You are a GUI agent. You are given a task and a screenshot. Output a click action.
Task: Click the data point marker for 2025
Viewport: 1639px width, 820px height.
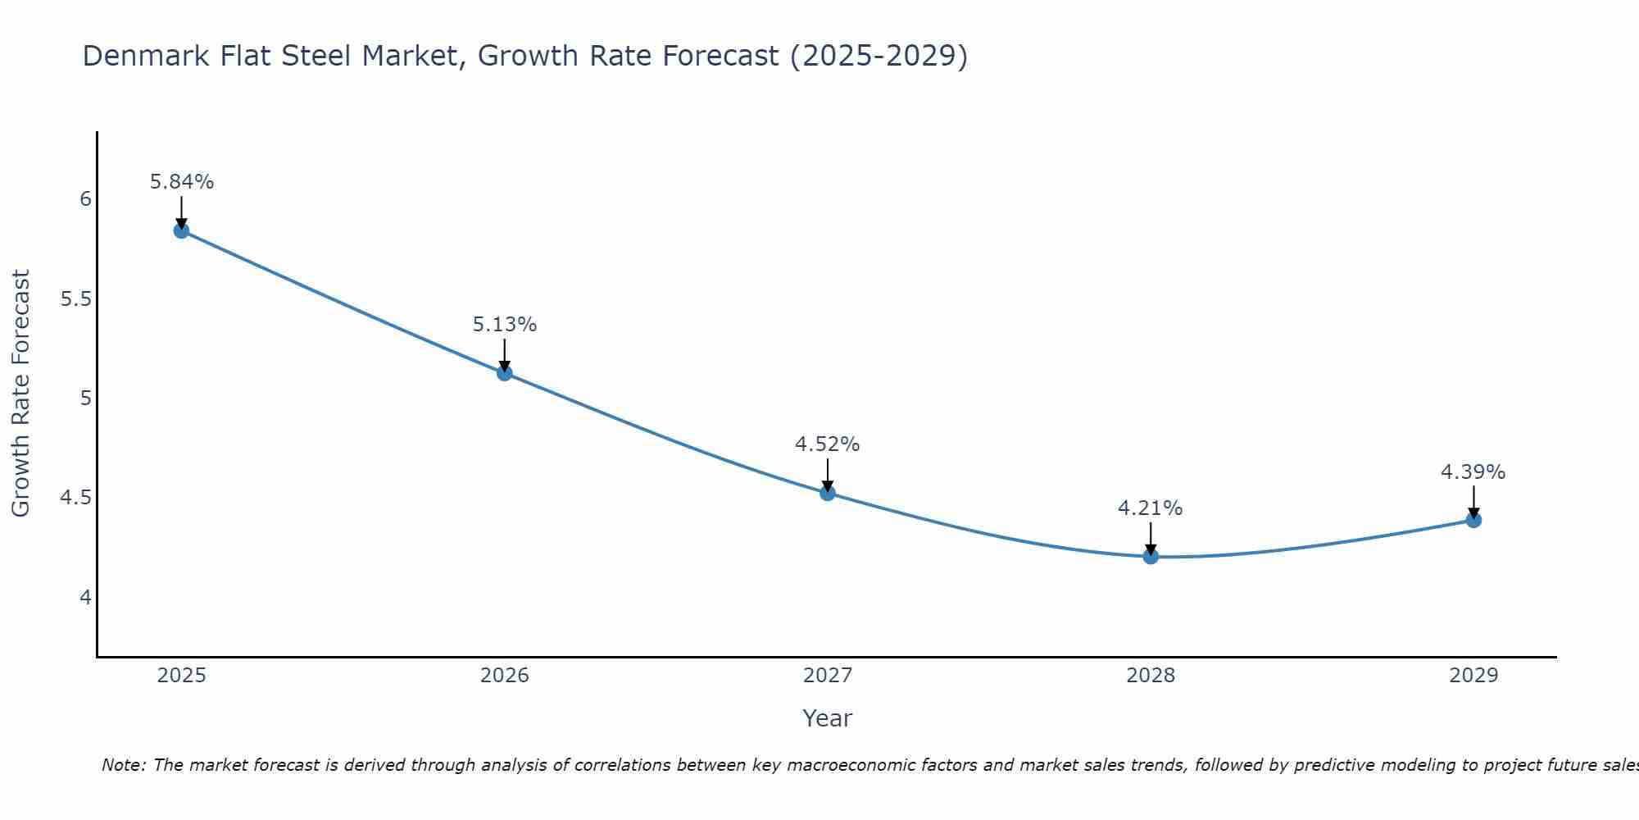click(181, 230)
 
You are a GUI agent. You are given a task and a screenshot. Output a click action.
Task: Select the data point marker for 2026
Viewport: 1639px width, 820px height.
click(505, 373)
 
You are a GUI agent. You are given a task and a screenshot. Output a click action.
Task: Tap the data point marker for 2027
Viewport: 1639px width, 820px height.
click(828, 493)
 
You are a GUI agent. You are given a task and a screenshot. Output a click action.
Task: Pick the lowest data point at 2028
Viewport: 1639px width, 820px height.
click(1151, 557)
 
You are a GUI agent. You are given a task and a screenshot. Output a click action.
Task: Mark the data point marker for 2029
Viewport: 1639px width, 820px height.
click(1473, 520)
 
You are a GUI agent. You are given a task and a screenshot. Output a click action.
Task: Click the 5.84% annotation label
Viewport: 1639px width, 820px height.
click(181, 182)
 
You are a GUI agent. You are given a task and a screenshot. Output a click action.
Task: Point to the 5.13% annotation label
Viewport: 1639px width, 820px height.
click(505, 325)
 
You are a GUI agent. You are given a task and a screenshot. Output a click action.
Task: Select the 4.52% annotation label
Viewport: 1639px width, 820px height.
click(828, 444)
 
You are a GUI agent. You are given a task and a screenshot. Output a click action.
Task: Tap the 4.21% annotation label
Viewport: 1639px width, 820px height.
click(1151, 508)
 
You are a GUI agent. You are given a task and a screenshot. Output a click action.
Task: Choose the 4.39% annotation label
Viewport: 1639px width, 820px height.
click(1473, 472)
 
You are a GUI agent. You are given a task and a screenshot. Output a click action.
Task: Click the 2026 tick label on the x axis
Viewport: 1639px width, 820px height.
click(505, 676)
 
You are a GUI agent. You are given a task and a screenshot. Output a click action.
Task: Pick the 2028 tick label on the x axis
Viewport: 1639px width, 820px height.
click(1151, 676)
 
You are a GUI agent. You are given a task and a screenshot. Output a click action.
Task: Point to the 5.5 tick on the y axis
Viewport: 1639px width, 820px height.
click(75, 299)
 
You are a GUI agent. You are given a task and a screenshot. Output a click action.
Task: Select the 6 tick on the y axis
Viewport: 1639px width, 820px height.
click(85, 199)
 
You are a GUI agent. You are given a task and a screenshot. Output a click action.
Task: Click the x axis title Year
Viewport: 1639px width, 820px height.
click(828, 718)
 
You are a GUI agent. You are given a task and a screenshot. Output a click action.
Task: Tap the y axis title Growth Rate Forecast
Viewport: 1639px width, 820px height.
click(20, 394)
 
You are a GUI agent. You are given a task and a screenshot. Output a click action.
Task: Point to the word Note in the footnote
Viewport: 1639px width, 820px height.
click(123, 765)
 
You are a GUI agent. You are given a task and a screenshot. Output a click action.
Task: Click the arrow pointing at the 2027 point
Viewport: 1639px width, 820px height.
click(828, 475)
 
